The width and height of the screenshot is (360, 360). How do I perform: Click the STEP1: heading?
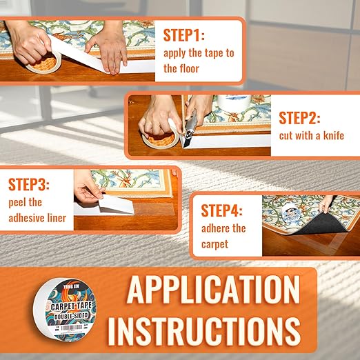point(184,35)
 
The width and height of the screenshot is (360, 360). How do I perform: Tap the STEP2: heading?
point(299,118)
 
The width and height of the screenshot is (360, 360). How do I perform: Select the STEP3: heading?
point(30,186)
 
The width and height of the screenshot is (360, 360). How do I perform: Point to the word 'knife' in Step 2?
point(331,135)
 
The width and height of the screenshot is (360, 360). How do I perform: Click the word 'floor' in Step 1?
point(190,68)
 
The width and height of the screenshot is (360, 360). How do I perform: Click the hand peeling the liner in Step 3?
point(86,187)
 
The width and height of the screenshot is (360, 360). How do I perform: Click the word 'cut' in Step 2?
point(287,135)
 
